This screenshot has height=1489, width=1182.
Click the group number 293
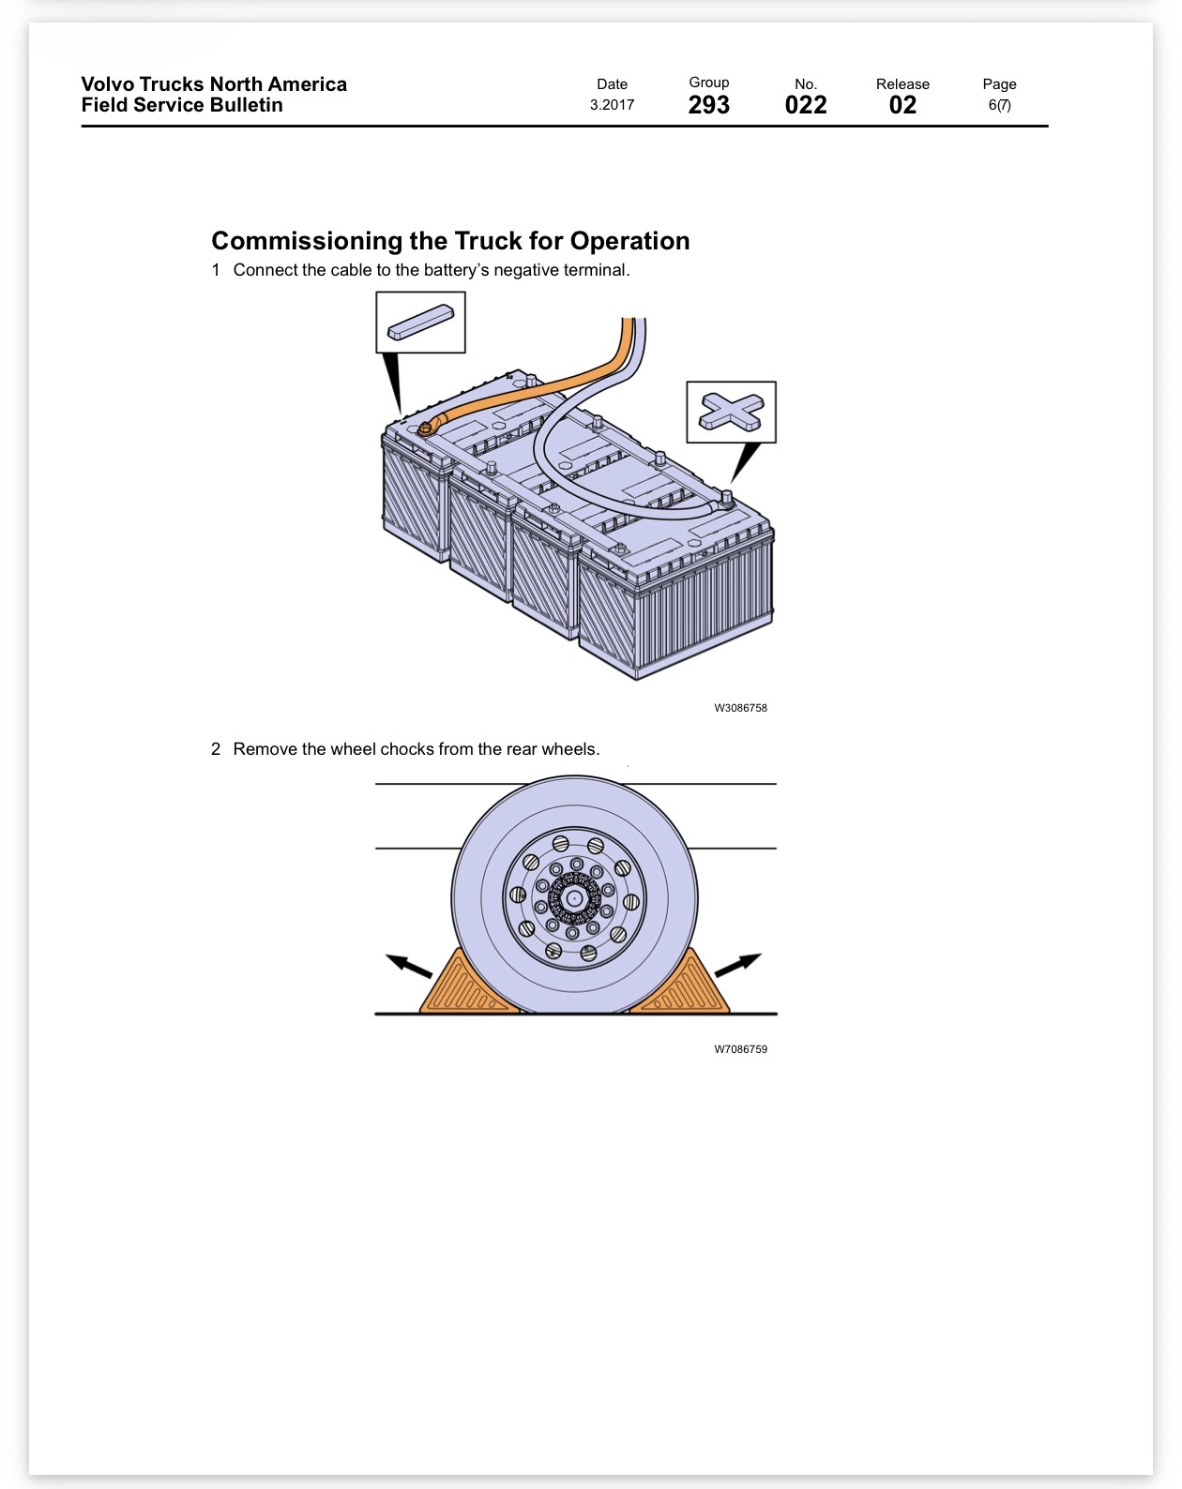(x=708, y=105)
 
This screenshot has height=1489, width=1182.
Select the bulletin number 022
(x=805, y=105)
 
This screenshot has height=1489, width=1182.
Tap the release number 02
(x=902, y=105)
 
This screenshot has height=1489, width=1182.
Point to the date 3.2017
(x=613, y=105)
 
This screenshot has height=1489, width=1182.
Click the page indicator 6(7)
(x=999, y=105)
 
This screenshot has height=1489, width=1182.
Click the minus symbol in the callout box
(x=420, y=323)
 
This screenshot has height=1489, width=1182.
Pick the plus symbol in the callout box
(x=731, y=412)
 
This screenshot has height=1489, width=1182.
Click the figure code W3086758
(x=740, y=708)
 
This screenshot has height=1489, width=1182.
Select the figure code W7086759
(x=740, y=1049)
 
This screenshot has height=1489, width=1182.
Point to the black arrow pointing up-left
(x=409, y=965)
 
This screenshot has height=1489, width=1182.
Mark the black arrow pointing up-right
(x=738, y=965)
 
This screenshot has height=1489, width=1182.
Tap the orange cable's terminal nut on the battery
(x=424, y=429)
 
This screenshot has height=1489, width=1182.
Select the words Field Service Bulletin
(x=182, y=105)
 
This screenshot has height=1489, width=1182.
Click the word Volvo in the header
(x=107, y=84)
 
